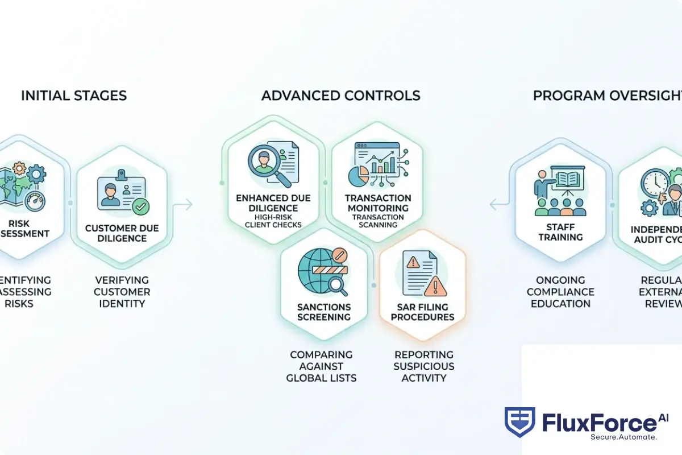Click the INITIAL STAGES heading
click(x=74, y=96)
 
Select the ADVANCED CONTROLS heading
click(x=341, y=96)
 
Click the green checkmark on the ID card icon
click(x=140, y=206)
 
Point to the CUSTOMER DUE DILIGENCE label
click(x=122, y=233)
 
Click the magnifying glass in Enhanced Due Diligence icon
click(x=264, y=163)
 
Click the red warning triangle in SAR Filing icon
click(x=435, y=286)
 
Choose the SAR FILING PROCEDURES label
click(x=422, y=312)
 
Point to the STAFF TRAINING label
click(x=560, y=231)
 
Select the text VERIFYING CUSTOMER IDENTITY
click(x=122, y=292)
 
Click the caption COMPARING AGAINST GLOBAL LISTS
click(x=321, y=366)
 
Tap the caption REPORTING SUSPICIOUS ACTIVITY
click(x=424, y=366)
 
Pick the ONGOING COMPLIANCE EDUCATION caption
click(x=560, y=292)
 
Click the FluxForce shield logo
click(x=519, y=422)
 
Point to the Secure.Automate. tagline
click(x=623, y=437)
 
